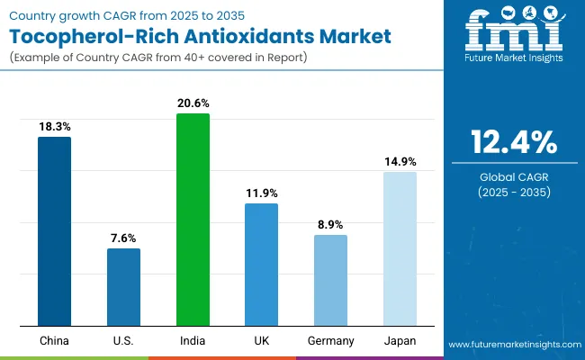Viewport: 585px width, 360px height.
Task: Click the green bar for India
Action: pyautogui.click(x=193, y=220)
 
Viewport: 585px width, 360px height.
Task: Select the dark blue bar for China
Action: pyautogui.click(x=54, y=231)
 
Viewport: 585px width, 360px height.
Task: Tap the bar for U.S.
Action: pyautogui.click(x=123, y=287)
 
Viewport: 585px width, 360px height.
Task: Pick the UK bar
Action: pyautogui.click(x=261, y=265)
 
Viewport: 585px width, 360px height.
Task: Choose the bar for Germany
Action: pyautogui.click(x=330, y=280)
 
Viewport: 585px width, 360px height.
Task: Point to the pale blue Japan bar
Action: pyautogui.click(x=400, y=248)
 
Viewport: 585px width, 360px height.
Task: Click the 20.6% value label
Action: pyautogui.click(x=193, y=103)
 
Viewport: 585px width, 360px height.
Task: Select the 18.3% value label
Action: pyautogui.click(x=54, y=127)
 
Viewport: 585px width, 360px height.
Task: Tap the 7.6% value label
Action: pyautogui.click(x=123, y=238)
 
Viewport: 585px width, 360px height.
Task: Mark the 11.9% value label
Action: pyautogui.click(x=261, y=193)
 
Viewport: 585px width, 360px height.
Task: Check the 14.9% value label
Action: pyautogui.click(x=400, y=162)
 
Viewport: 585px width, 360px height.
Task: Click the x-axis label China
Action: pyautogui.click(x=54, y=340)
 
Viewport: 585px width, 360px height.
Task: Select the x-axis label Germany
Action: pyautogui.click(x=330, y=340)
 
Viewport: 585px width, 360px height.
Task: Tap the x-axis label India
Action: pyautogui.click(x=193, y=340)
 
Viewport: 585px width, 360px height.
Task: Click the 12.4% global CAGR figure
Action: pyautogui.click(x=513, y=143)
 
